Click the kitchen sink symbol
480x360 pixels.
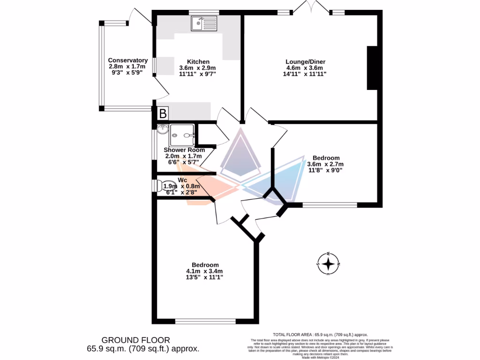pyautogui.click(x=204, y=23)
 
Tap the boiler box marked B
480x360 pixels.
pyautogui.click(x=162, y=113)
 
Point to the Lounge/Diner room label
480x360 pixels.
pyautogui.click(x=306, y=61)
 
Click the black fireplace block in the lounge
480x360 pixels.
pyautogui.click(x=372, y=67)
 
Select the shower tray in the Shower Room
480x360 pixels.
pyautogui.click(x=182, y=135)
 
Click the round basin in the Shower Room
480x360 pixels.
pyautogui.click(x=162, y=129)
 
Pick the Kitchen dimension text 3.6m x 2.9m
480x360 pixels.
pyautogui.click(x=197, y=68)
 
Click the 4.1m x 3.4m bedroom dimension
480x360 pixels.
pyautogui.click(x=204, y=271)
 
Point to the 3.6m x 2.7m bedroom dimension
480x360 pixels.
pyautogui.click(x=325, y=164)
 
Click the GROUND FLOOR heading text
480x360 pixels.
pyautogui.click(x=136, y=340)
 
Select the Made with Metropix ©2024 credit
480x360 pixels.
pyautogui.click(x=320, y=358)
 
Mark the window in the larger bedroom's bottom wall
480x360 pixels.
pyautogui.click(x=205, y=322)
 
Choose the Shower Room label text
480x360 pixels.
pyautogui.click(x=184, y=150)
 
